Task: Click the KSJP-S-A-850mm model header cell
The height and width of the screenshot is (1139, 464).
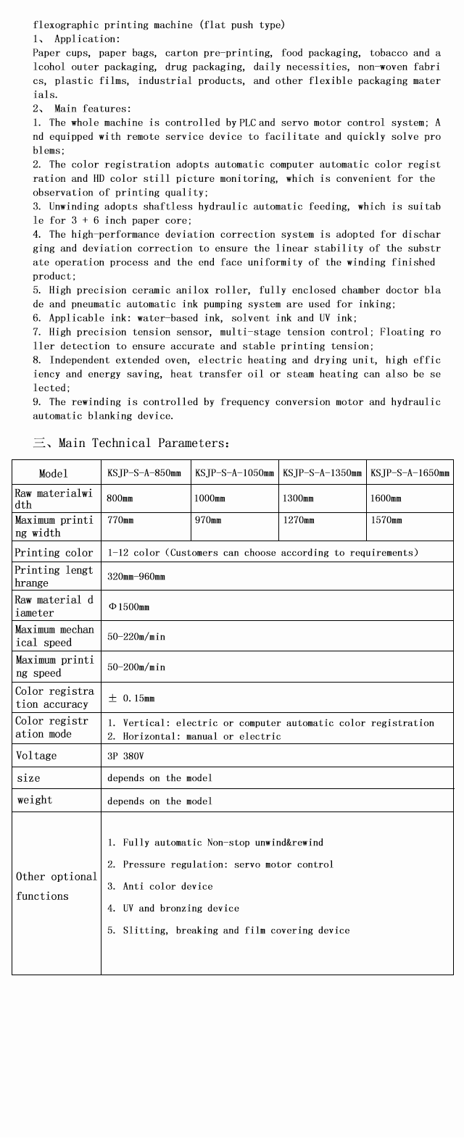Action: coord(144,473)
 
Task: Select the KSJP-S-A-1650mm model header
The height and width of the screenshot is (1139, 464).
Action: coord(410,473)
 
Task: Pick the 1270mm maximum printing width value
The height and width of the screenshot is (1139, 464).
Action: coord(298,520)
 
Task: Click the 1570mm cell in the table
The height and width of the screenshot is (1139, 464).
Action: coord(386,520)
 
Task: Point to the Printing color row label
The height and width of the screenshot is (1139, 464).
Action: coord(54,553)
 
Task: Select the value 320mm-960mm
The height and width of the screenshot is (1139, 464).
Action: coord(136,577)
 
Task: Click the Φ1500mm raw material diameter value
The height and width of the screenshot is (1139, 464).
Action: coord(129,606)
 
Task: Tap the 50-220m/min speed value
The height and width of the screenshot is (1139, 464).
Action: coord(136,636)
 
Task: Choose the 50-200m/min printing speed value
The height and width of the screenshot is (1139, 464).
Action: coord(136,667)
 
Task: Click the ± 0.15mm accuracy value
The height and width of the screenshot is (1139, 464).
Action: coord(131,698)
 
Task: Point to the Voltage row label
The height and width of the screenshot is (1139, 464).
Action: coord(36,756)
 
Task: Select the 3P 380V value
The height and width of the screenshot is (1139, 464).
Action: coord(125,756)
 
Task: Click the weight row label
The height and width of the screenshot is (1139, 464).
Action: coord(34,800)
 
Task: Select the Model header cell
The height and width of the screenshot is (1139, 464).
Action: coord(53,473)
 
